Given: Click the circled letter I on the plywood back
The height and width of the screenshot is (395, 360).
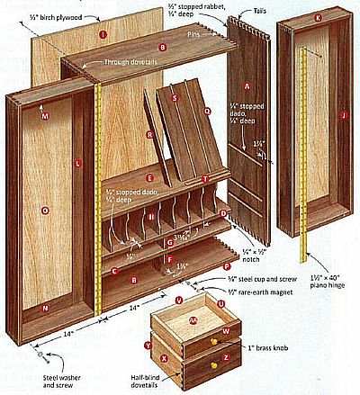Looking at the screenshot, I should tap(103, 35).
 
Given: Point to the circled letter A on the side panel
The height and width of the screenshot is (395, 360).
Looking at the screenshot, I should tap(247, 85).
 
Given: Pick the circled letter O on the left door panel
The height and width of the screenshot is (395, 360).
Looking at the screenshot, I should tap(45, 210).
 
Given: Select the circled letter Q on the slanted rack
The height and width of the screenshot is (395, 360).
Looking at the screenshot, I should tap(207, 112).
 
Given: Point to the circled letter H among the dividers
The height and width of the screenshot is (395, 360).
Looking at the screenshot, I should tap(151, 217).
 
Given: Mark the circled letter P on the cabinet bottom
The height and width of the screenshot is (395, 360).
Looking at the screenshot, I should tap(227, 266).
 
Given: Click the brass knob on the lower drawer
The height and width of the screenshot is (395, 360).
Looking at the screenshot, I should tap(213, 368).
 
